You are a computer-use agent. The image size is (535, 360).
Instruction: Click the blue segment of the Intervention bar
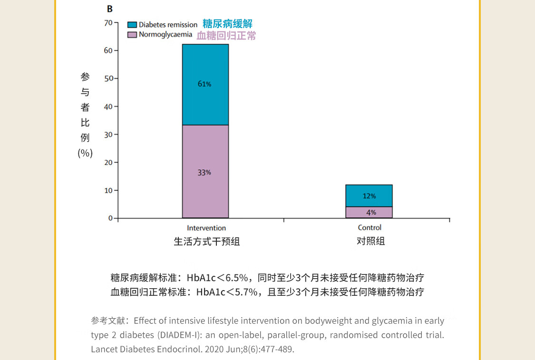pos(205,67)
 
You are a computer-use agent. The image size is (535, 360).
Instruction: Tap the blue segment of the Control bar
pos(369,190)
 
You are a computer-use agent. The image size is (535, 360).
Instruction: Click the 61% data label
pos(204,84)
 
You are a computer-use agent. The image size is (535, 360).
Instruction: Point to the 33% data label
pos(204,173)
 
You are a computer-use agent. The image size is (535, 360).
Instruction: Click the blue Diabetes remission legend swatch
pos(132,25)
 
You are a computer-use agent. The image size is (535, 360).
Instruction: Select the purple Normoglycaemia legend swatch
pos(132,35)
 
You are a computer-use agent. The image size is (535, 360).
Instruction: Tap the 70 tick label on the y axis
pos(108,23)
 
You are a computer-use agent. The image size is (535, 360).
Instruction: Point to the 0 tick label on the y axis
pos(110,218)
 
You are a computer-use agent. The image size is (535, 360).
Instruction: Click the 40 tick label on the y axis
pos(108,107)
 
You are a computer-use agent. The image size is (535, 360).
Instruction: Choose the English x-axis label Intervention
pos(206,228)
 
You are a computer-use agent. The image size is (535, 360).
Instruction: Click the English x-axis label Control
pos(370,228)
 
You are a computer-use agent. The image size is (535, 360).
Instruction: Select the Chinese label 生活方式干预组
pos(206,242)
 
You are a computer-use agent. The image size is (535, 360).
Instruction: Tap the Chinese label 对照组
pos(370,242)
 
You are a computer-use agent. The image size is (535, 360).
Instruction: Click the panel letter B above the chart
pos(110,9)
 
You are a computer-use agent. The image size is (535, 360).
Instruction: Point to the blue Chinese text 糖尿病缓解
pos(227,24)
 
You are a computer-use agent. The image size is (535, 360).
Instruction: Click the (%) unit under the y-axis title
pos(85,153)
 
